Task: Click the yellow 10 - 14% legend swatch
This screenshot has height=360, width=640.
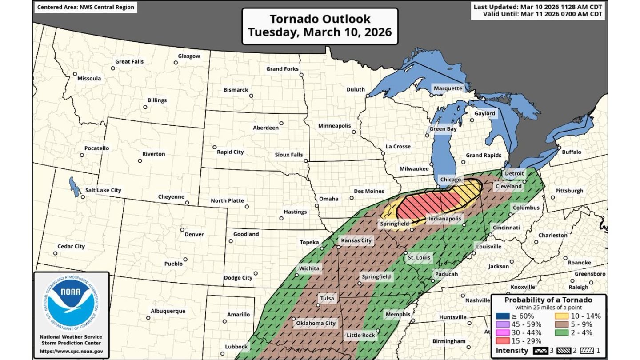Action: pyautogui.click(x=561, y=316)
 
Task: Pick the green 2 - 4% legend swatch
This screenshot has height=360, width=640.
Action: pyautogui.click(x=561, y=332)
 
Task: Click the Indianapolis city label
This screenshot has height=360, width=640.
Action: pyautogui.click(x=445, y=219)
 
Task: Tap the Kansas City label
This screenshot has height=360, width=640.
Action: pyautogui.click(x=356, y=240)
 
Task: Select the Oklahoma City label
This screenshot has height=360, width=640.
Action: pyautogui.click(x=316, y=323)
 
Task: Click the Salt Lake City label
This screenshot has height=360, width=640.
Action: pyautogui.click(x=103, y=190)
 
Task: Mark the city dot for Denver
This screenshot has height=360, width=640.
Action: pyautogui.click(x=182, y=230)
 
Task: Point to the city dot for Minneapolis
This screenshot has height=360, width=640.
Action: pyautogui.click(x=354, y=132)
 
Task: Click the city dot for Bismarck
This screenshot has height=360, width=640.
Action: pyautogui.click(x=251, y=96)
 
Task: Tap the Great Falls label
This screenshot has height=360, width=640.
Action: pyautogui.click(x=129, y=61)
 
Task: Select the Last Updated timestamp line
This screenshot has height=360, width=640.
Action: pyautogui.click(x=538, y=7)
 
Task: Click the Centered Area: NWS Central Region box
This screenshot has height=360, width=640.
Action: pyautogui.click(x=85, y=7)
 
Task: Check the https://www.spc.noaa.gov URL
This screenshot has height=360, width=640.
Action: pyautogui.click(x=71, y=351)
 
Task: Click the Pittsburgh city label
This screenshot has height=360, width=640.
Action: pyautogui.click(x=569, y=191)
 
